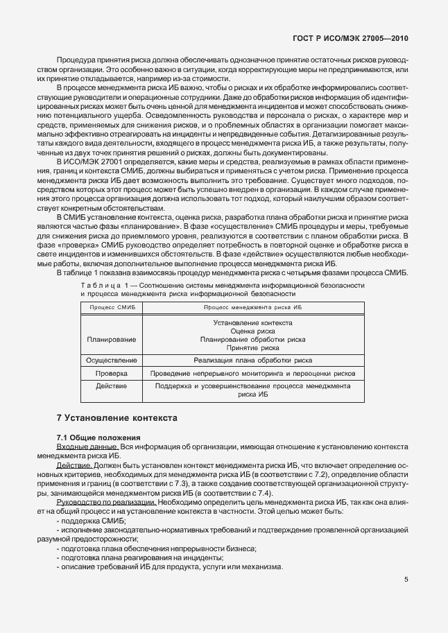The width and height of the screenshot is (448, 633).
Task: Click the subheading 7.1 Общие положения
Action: [x=98, y=438]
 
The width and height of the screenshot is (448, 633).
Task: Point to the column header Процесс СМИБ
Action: [x=112, y=306]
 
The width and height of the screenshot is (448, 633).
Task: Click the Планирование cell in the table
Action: [x=112, y=340]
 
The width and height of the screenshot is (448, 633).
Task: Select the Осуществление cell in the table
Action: [x=112, y=361]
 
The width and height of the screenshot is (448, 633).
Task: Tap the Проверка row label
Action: [x=112, y=374]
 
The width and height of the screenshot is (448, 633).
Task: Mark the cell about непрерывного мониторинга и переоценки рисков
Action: [x=252, y=374]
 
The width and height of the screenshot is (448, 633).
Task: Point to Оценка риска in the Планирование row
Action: [x=252, y=331]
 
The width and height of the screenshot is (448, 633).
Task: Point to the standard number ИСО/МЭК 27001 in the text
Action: [x=94, y=160]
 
